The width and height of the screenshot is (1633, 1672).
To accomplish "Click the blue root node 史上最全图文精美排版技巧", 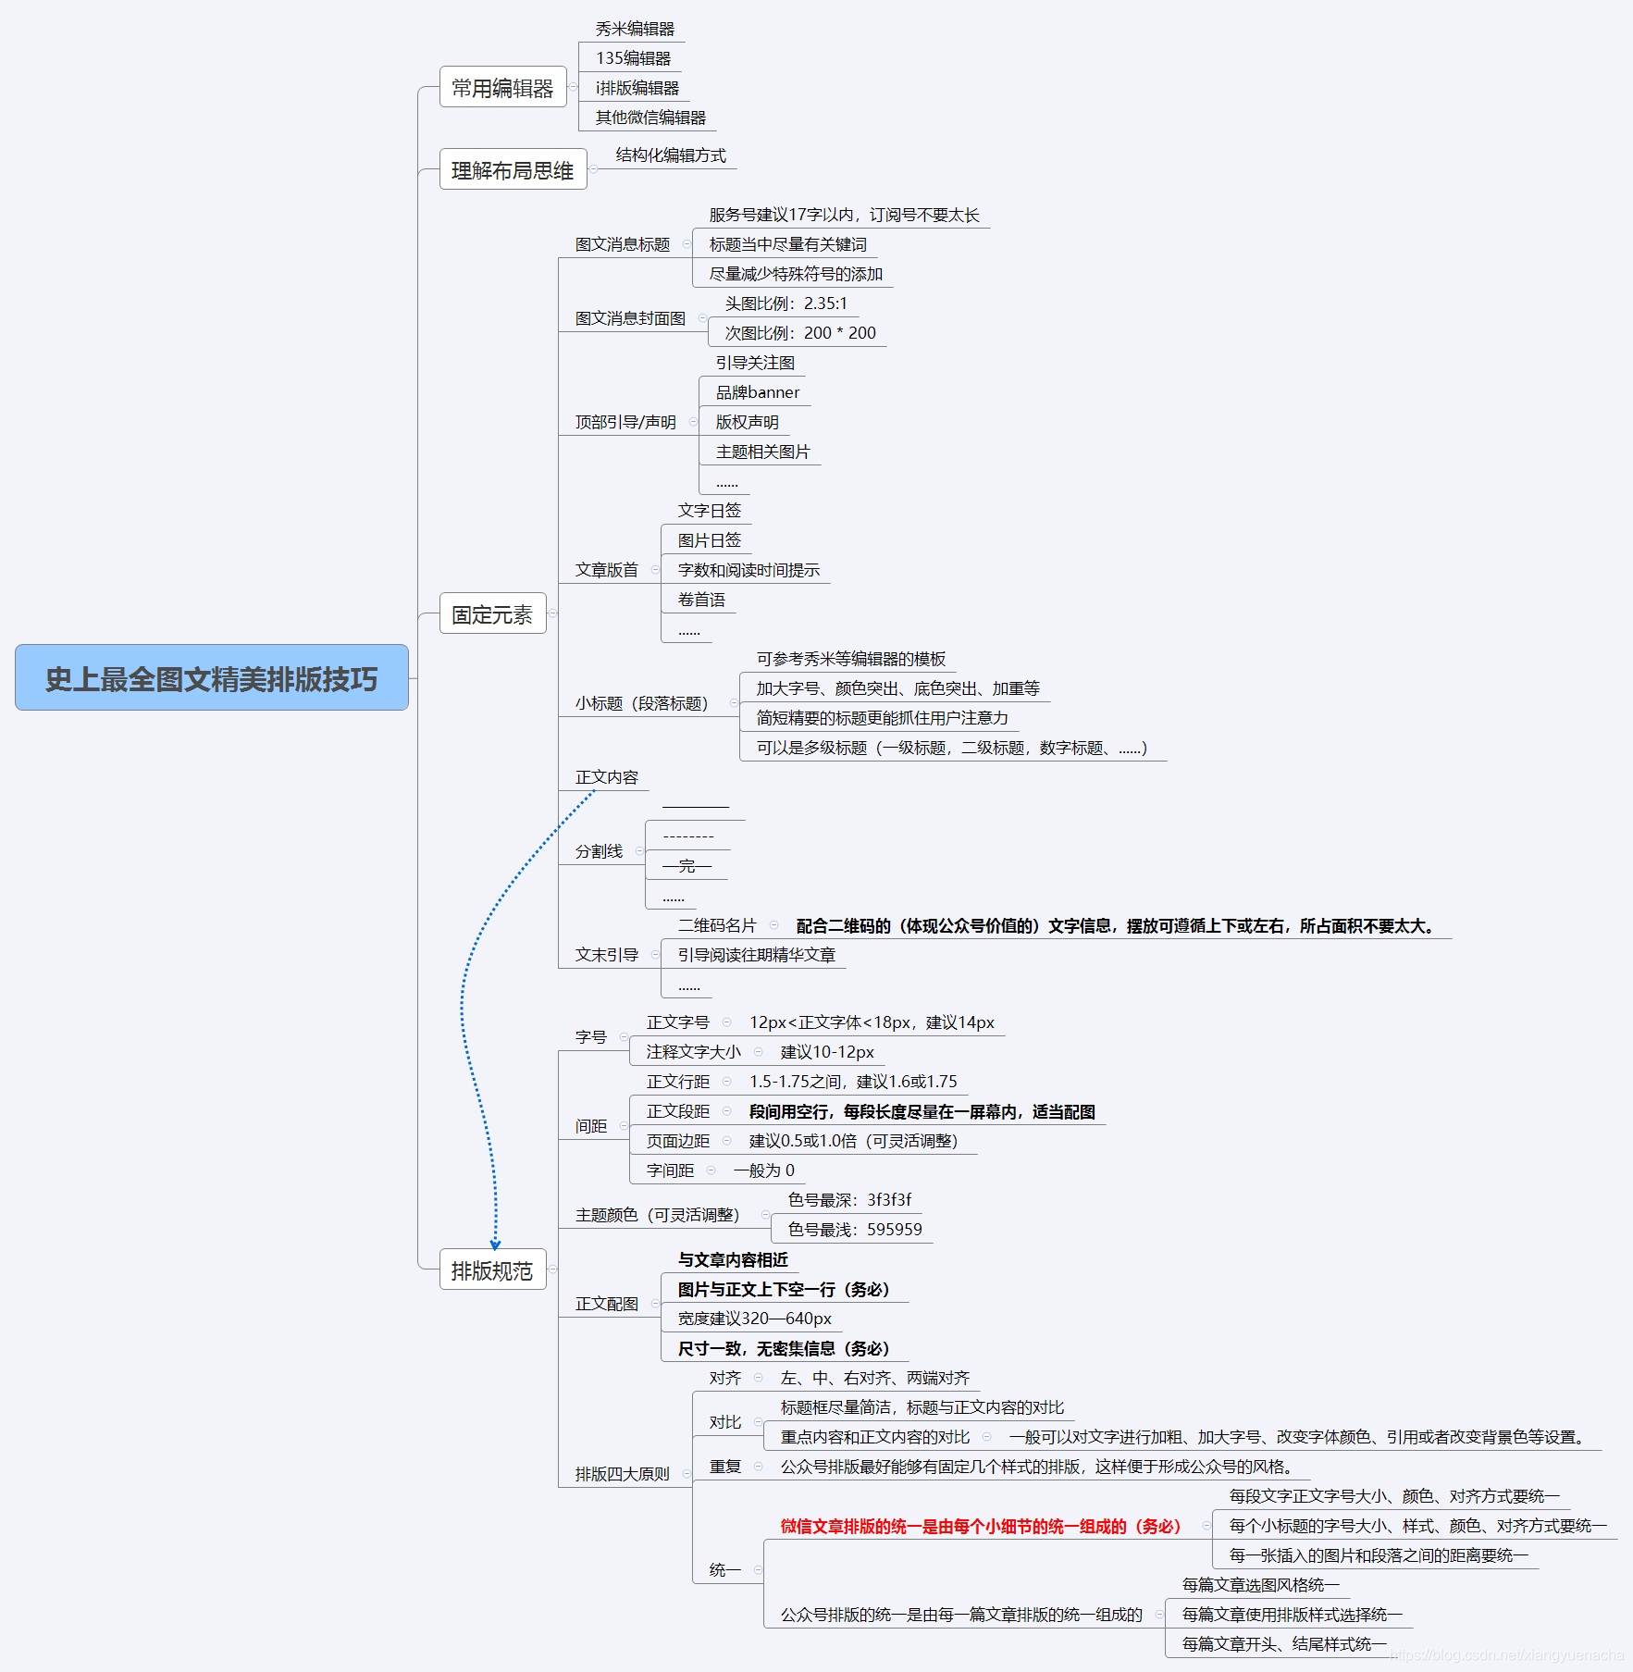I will [211, 678].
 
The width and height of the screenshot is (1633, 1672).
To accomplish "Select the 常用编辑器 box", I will [502, 88].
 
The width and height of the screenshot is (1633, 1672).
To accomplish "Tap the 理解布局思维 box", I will [513, 170].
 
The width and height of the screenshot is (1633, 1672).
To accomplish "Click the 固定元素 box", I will [492, 614].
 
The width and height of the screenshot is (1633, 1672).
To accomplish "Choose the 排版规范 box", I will [492, 1270].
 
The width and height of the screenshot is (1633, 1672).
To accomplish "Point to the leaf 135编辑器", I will [633, 58].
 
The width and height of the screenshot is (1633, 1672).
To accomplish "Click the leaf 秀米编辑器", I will [635, 29].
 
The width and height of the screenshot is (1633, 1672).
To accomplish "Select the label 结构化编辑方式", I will [671, 155].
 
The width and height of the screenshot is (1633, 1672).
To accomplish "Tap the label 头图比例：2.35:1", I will [786, 303].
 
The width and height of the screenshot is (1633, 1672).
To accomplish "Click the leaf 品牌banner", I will [757, 392].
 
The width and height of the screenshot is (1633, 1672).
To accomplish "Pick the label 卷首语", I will [701, 600].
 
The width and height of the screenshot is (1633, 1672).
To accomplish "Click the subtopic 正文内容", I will [606, 777].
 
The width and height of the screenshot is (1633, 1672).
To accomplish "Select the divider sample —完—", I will [687, 866].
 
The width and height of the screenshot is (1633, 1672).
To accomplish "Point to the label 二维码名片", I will [716, 925].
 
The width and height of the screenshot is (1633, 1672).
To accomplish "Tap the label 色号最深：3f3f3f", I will [849, 1200].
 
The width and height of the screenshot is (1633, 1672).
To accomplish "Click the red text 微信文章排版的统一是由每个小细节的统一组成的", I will [980, 1526].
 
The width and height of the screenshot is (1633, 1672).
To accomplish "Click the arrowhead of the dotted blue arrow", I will [495, 1245].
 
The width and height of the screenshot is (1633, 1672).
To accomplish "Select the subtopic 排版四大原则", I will [622, 1474].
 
